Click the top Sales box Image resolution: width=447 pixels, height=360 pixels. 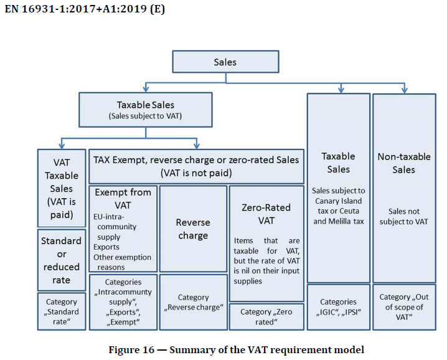click(225, 62)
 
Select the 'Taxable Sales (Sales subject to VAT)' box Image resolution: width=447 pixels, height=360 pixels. click(145, 110)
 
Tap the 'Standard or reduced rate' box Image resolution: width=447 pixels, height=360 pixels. click(61, 260)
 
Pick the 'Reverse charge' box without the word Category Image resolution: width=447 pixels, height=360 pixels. click(193, 229)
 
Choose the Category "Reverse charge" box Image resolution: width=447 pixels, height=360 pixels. click(193, 303)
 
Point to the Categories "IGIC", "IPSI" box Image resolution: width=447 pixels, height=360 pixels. click(339, 306)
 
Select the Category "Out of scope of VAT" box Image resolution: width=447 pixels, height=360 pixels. click(404, 306)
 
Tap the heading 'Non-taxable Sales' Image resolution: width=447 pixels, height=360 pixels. click(404, 163)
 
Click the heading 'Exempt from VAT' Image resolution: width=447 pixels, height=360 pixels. click(123, 198)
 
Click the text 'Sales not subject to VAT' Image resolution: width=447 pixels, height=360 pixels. click(404, 216)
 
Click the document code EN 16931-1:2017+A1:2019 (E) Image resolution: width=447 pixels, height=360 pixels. click(85, 11)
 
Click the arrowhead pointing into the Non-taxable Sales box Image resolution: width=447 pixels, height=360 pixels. click(404, 90)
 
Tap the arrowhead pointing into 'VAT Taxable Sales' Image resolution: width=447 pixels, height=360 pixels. click(61, 144)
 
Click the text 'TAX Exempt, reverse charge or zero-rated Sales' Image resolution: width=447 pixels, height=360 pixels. click(196, 159)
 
